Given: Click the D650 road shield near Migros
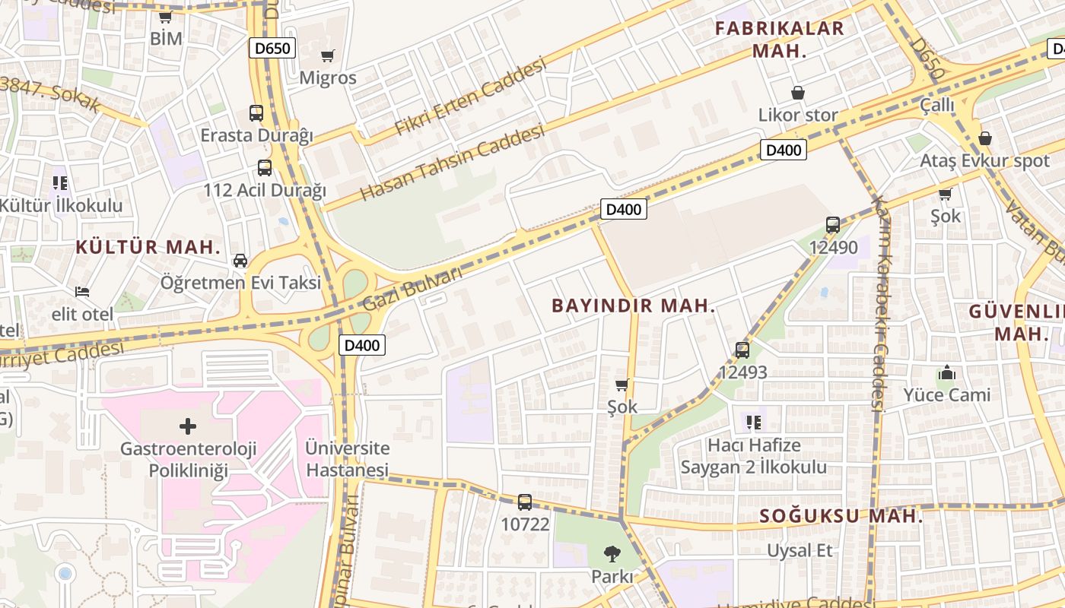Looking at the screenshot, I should click(x=272, y=49).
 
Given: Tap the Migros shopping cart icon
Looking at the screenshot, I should click(x=328, y=55).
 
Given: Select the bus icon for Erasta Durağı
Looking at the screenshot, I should click(x=256, y=113).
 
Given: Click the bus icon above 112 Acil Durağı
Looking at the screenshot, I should click(x=264, y=168).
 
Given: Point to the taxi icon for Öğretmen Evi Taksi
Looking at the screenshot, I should click(x=240, y=261).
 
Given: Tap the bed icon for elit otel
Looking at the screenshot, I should click(x=82, y=292).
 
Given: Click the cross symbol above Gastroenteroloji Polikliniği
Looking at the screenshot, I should click(x=188, y=426).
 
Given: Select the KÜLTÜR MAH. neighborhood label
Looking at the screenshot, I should click(x=148, y=247).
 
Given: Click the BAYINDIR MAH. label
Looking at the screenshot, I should click(x=633, y=306).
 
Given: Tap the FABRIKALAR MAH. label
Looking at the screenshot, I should click(x=779, y=40).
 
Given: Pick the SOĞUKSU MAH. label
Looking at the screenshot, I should click(x=841, y=517).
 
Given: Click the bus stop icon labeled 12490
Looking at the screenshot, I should click(x=833, y=225).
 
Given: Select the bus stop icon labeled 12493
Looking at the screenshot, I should click(x=742, y=350).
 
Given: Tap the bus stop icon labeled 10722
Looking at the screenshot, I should click(x=525, y=502).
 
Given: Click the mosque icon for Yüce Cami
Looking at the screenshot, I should click(x=947, y=372).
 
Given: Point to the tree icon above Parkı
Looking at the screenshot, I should click(x=612, y=553).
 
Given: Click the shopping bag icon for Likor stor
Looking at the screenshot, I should click(x=798, y=93).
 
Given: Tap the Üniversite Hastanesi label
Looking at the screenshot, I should click(x=347, y=459).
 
